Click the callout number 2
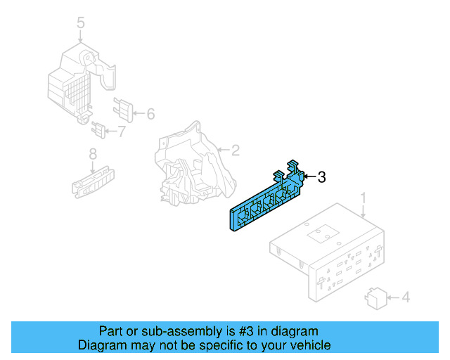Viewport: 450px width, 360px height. coord(236,150)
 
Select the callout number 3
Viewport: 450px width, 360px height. coord(321,177)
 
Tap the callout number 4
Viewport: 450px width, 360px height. coord(404,298)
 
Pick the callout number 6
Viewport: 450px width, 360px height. coord(150,113)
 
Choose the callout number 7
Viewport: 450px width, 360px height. coord(122,131)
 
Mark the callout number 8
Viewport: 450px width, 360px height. coord(92,154)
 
